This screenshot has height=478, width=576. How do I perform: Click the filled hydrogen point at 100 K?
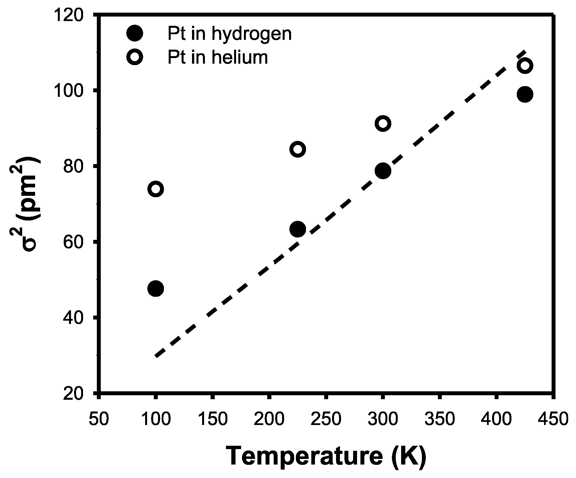click(156, 288)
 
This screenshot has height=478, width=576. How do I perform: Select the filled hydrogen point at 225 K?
click(298, 229)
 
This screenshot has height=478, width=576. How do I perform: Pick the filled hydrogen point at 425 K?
click(525, 94)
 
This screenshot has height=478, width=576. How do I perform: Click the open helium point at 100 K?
click(156, 189)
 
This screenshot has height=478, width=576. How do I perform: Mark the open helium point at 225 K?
click(298, 149)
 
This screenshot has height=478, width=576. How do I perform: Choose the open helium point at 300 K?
click(383, 123)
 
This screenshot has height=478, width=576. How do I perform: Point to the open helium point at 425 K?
click(525, 66)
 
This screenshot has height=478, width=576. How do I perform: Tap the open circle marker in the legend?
click(135, 57)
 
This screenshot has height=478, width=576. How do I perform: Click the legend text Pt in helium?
click(218, 58)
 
